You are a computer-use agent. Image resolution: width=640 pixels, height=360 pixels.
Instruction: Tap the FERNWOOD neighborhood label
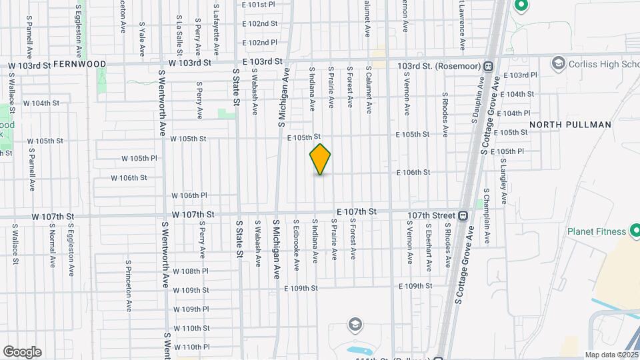point(79,64)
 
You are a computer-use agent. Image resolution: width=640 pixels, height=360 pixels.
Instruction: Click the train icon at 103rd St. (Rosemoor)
point(489,67)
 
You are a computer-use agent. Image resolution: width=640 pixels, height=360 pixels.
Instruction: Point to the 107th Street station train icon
point(462,215)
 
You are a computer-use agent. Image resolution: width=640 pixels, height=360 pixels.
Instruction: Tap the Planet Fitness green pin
point(635,231)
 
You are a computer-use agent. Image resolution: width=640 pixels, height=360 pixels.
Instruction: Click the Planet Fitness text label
point(596,231)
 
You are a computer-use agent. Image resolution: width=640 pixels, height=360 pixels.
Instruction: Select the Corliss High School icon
point(557,63)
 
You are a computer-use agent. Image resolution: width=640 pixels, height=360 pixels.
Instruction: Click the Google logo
point(22,352)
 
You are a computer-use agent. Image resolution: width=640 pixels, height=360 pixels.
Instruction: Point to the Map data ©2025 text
point(611,355)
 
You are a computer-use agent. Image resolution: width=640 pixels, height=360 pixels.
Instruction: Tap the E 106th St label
point(413,172)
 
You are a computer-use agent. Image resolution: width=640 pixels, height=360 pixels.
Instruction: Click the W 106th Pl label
point(189,195)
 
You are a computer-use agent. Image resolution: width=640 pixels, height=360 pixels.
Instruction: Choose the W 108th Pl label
point(191,271)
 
